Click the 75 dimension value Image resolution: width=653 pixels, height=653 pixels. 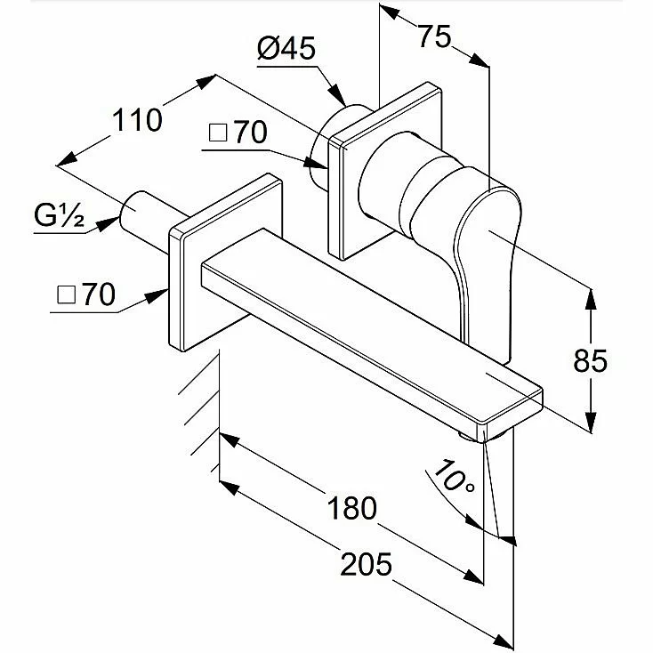click(434, 36)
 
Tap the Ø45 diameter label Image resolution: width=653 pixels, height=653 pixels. click(286, 48)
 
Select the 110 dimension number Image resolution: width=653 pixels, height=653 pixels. click(137, 120)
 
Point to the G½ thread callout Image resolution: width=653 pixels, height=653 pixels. click(59, 215)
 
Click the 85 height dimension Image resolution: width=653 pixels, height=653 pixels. click(590, 360)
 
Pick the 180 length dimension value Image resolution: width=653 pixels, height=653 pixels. click(352, 508)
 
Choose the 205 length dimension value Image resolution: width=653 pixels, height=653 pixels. click(366, 564)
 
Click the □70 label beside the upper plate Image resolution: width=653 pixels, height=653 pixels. click(238, 132)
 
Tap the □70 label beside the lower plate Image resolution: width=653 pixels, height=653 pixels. click(86, 294)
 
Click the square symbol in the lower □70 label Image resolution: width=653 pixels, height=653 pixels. click(66, 294)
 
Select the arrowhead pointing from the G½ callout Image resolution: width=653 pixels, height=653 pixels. click(108, 223)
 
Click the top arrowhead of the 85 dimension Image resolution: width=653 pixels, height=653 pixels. click(590, 299)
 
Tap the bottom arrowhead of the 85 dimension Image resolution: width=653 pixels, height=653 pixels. click(591, 423)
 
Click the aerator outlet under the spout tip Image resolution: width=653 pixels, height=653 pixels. click(484, 436)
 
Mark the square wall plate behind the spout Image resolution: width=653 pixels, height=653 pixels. click(225, 262)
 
